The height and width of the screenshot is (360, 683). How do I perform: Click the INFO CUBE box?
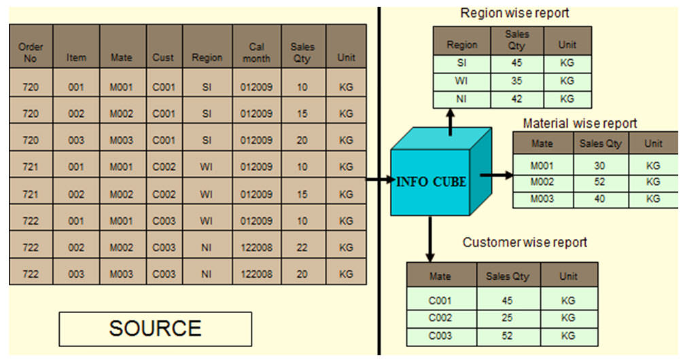point(432,181)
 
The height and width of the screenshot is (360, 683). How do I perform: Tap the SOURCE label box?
point(155,329)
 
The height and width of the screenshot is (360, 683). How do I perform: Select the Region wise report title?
point(514,12)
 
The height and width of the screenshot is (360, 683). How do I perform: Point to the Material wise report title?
point(580,124)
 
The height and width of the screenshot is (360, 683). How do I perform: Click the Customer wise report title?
point(525,242)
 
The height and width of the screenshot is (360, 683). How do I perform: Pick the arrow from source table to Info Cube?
point(379,180)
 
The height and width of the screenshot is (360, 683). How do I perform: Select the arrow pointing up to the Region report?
point(450,122)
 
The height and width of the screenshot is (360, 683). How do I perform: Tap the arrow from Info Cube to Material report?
point(497,175)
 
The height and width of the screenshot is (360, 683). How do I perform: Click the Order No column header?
point(31,52)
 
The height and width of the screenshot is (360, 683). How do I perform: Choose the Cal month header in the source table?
point(256,52)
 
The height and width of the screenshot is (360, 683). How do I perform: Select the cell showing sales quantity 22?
point(302,247)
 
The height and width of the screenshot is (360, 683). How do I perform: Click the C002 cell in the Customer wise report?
point(440,318)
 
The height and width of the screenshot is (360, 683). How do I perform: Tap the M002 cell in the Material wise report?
point(542,182)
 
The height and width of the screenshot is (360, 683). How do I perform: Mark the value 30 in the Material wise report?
point(600,164)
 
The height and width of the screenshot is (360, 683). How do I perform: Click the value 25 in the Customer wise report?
point(507,318)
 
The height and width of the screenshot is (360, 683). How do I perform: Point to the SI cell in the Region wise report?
point(461,63)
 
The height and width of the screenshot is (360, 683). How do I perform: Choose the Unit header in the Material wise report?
point(653,143)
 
